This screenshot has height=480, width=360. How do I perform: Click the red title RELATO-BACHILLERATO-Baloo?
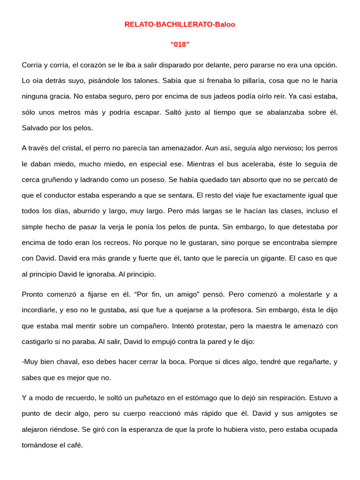click(x=180, y=24)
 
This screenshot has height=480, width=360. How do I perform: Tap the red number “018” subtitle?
click(x=180, y=45)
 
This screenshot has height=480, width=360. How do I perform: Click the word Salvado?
click(x=36, y=127)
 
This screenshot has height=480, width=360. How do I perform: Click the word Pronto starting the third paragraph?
click(x=34, y=294)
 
